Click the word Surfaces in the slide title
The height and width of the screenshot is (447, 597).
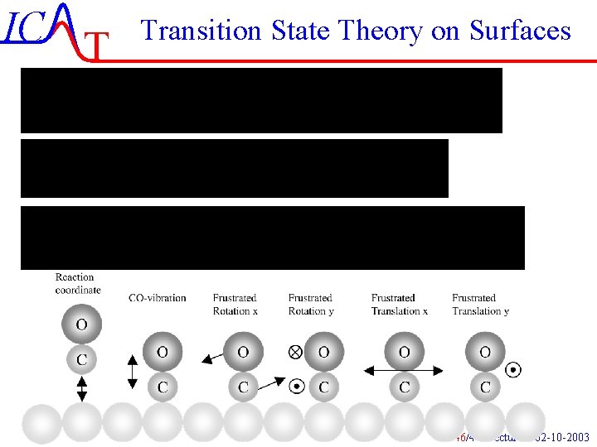[520, 31]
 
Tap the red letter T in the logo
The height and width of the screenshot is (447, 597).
[97, 48]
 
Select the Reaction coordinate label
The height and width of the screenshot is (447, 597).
[78, 283]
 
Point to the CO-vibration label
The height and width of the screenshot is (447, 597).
[158, 298]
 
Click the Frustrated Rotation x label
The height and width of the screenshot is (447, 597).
[235, 304]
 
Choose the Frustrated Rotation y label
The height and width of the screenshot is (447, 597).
[311, 304]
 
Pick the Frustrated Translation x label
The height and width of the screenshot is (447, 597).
[400, 304]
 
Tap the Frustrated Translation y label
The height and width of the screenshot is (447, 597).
[481, 304]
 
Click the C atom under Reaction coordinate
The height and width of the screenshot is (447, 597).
[81, 359]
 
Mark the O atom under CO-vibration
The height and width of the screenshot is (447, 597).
[163, 353]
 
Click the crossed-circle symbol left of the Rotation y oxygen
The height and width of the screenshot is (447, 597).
[294, 352]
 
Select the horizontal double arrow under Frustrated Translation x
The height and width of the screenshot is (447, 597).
[404, 369]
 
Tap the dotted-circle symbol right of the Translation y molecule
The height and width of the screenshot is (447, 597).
[513, 369]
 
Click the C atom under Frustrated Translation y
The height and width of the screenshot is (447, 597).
[485, 387]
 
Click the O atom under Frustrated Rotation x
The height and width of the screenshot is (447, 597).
[243, 353]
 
